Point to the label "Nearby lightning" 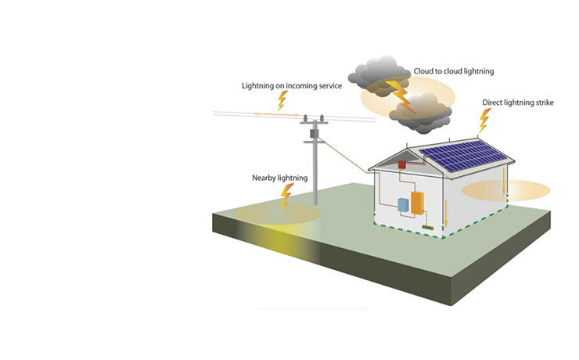point(279,178)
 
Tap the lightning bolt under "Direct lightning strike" point(484,120)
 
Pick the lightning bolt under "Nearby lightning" point(287,195)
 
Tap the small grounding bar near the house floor point(428,228)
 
